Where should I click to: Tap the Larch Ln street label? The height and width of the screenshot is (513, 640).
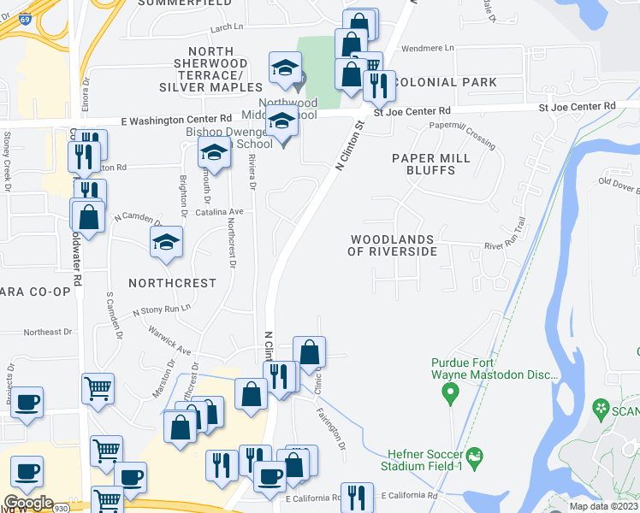[x=226, y=27]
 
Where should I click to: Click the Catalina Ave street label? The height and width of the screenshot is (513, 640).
[x=220, y=211]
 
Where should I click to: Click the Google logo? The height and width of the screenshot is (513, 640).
[x=28, y=502]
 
